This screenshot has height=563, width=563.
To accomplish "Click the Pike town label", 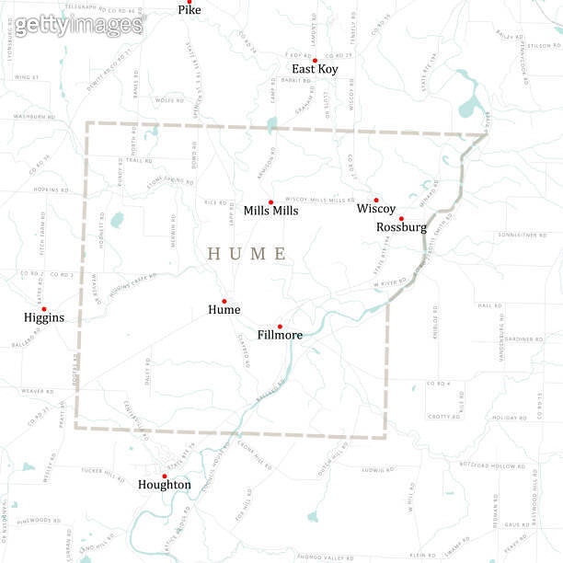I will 190,10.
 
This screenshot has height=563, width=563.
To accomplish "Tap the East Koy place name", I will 314,69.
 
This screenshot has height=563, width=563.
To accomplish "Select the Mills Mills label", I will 270,211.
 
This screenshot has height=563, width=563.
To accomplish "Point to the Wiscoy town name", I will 376,209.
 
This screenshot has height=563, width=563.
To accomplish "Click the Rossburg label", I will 401,226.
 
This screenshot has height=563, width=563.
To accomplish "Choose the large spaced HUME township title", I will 247,253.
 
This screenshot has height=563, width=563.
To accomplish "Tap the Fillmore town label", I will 280,335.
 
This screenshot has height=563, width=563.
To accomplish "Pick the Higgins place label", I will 44,317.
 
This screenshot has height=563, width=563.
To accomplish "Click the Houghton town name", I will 165,485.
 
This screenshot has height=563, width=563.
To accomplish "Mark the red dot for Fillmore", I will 280,326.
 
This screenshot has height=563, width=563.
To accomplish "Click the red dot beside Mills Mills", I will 270,202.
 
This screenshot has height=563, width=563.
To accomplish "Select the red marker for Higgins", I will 44,309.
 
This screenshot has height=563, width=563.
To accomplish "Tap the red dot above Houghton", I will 165,476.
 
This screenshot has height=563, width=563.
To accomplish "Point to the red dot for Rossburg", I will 401,218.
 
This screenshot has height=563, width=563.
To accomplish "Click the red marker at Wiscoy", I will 376,200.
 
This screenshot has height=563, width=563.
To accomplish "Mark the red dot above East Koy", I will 315,61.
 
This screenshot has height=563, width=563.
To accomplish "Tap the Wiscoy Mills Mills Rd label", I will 319,200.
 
